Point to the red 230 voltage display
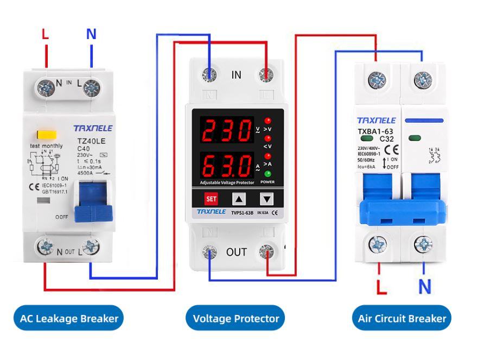point(226,130)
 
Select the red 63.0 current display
point(226,165)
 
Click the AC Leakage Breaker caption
point(69,318)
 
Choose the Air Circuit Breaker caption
point(402,318)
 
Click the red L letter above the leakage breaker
point(45,34)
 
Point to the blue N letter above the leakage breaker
point(91,34)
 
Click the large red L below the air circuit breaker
point(382,286)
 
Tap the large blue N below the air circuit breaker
point(425,286)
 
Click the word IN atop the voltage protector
point(236,75)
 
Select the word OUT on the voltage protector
point(237,252)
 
